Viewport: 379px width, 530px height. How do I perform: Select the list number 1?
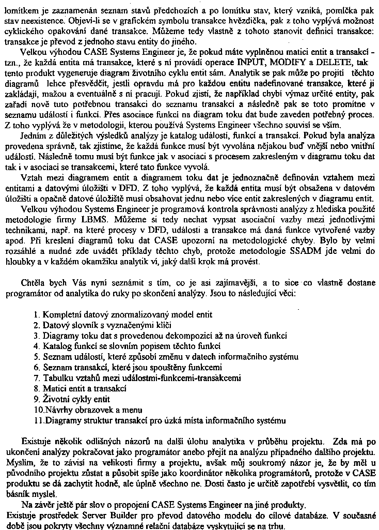[x=36, y=314]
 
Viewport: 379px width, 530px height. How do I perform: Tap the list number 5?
[x=36, y=357]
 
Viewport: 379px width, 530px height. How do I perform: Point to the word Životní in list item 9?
[x=56, y=399]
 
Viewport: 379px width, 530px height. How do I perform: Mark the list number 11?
[x=38, y=420]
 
